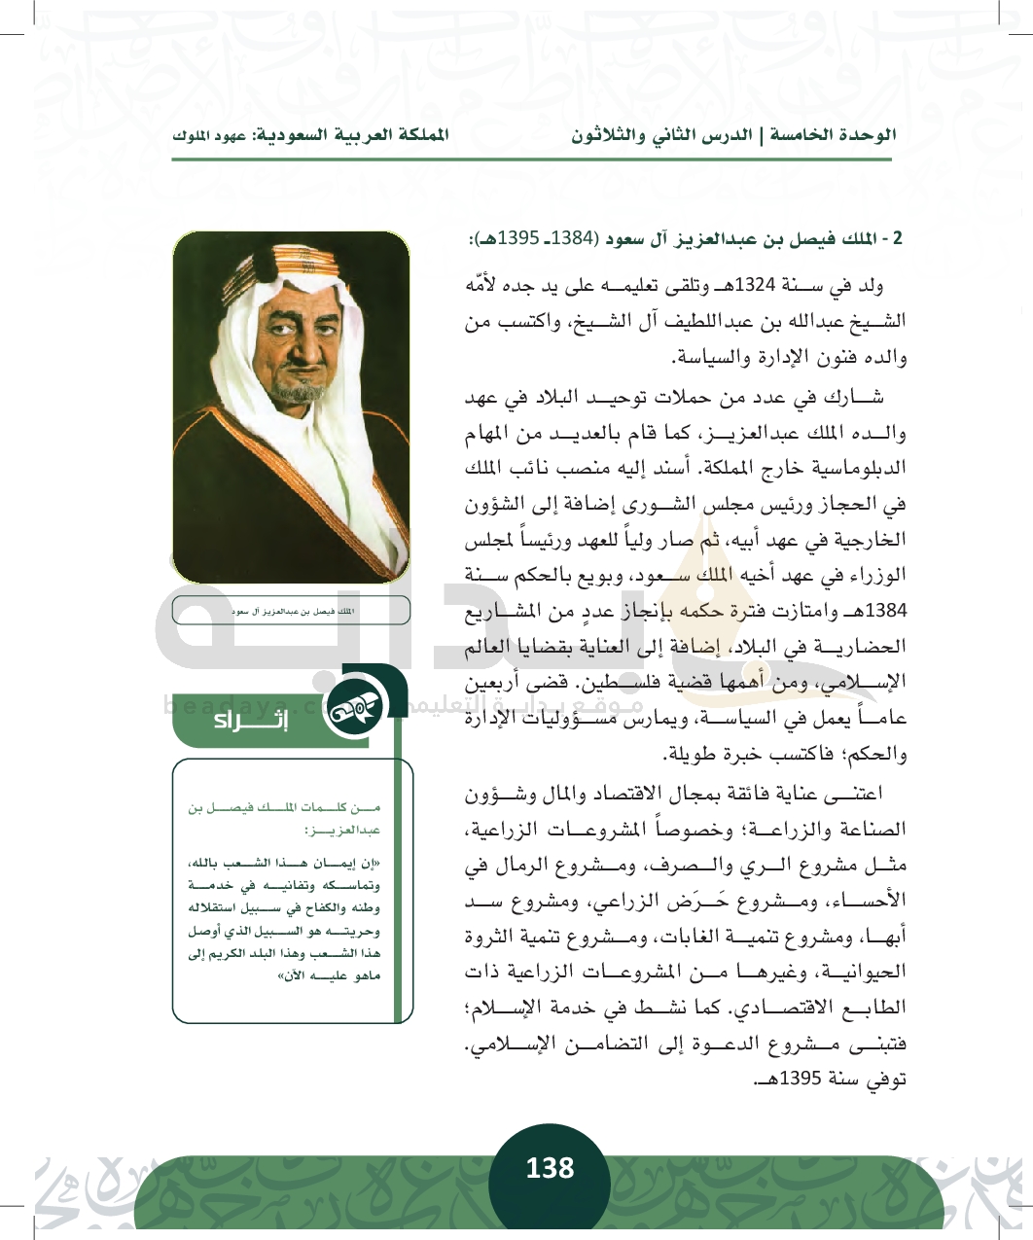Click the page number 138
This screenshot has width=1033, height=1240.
pos(550,1168)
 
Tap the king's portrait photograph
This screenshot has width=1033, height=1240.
pos(291,407)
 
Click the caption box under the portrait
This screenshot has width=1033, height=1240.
pos(291,611)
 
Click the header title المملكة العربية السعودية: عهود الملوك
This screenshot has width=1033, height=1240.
pos(310,135)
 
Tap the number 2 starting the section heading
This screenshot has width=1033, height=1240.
pos(899,239)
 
